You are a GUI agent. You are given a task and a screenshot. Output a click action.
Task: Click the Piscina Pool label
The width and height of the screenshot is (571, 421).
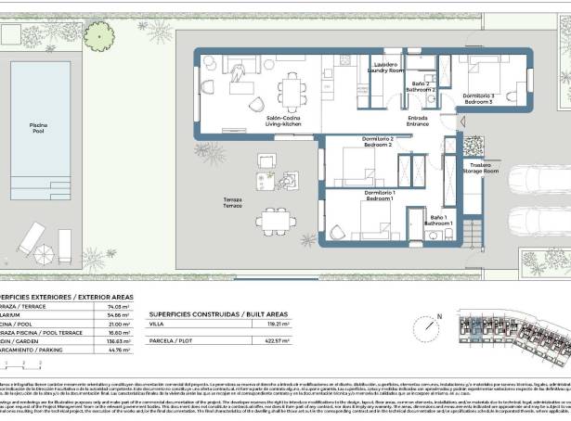coord(38,128)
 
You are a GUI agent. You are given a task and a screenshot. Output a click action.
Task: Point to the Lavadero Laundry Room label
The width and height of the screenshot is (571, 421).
coord(385,68)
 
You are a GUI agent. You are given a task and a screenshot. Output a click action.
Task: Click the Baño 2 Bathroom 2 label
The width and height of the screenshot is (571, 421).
coord(422,87)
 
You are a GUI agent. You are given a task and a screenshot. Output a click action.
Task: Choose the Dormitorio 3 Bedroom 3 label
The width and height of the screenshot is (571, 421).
coord(478,98)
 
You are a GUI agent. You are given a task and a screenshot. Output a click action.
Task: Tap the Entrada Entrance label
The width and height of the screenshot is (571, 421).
coord(418,121)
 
